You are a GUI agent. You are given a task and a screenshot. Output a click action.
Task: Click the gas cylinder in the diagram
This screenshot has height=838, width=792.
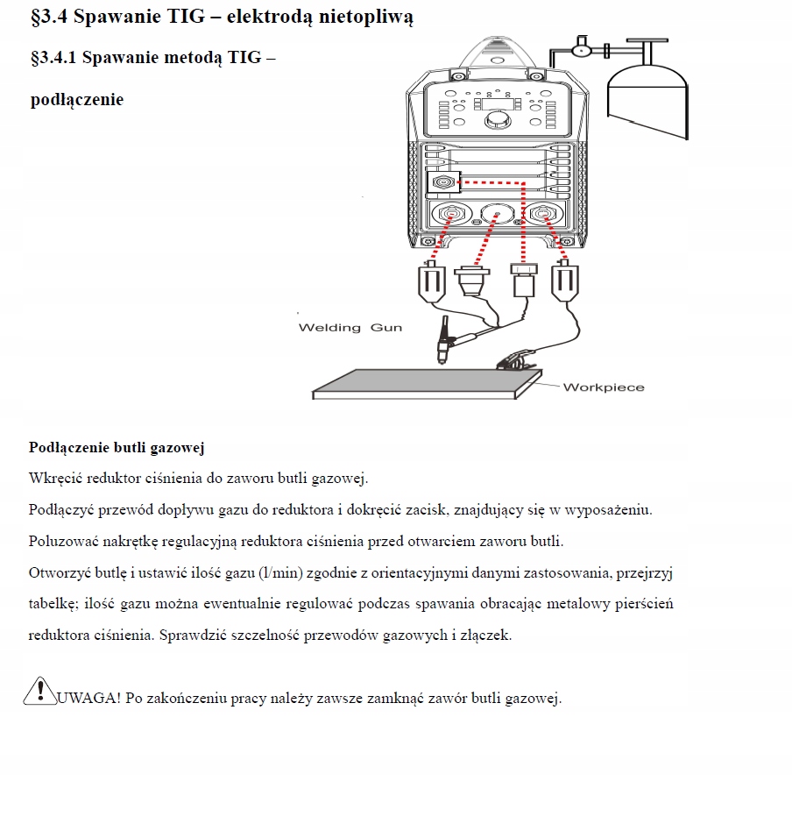click(648, 96)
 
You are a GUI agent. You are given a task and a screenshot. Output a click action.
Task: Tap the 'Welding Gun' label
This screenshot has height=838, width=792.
click(350, 328)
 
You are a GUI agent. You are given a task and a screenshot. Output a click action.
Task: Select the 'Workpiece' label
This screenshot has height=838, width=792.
click(603, 387)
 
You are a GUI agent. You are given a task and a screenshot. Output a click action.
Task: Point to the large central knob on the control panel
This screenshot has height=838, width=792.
click(497, 118)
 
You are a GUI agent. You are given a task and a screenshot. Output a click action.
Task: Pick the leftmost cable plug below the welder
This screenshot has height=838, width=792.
click(432, 282)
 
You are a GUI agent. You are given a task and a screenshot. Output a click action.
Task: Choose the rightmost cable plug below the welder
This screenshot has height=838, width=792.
click(563, 282)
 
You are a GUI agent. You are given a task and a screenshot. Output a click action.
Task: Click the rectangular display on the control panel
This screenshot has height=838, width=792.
click(497, 103)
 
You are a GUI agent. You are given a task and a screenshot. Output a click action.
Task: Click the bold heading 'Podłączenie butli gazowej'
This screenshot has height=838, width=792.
click(117, 448)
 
